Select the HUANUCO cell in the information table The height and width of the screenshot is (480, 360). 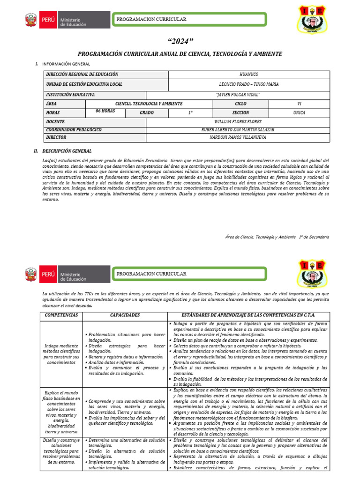pos(248,75)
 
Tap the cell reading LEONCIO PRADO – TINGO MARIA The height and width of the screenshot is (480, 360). pos(248,84)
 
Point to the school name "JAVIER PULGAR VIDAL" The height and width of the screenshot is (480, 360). pos(238,95)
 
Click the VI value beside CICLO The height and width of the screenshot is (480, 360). pos(299,104)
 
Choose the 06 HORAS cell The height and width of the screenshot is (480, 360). pos(105,112)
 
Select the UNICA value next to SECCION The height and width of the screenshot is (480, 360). pos(299,113)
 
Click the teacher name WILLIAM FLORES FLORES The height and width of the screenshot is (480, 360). pos(238,121)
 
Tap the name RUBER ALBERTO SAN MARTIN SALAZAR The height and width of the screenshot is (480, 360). pos(238,130)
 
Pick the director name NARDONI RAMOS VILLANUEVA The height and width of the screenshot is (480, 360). pos(238,138)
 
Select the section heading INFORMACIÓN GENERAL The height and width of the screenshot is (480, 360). pos(66,64)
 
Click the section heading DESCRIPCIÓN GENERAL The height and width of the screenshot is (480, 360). pos(67,151)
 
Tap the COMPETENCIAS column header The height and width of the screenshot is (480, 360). pos(61,315)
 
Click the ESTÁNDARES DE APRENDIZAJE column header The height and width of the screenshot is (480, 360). pos(248,315)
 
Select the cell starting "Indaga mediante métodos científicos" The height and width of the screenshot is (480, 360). pos(61,354)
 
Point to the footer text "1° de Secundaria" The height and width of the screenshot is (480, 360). pos(314,237)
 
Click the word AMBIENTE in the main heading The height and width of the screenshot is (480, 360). pos(265,54)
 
